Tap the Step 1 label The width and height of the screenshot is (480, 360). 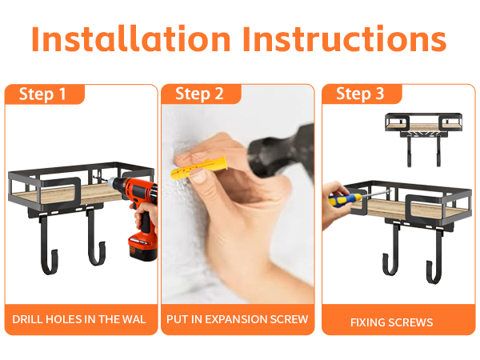43,94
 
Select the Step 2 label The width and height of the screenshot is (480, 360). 199,94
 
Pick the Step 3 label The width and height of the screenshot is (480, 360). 360,94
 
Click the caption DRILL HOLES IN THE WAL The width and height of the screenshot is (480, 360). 79,319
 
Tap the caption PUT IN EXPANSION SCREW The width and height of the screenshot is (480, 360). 237,319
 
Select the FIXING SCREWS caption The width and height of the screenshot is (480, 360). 392,322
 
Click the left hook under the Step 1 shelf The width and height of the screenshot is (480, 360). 50,244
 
